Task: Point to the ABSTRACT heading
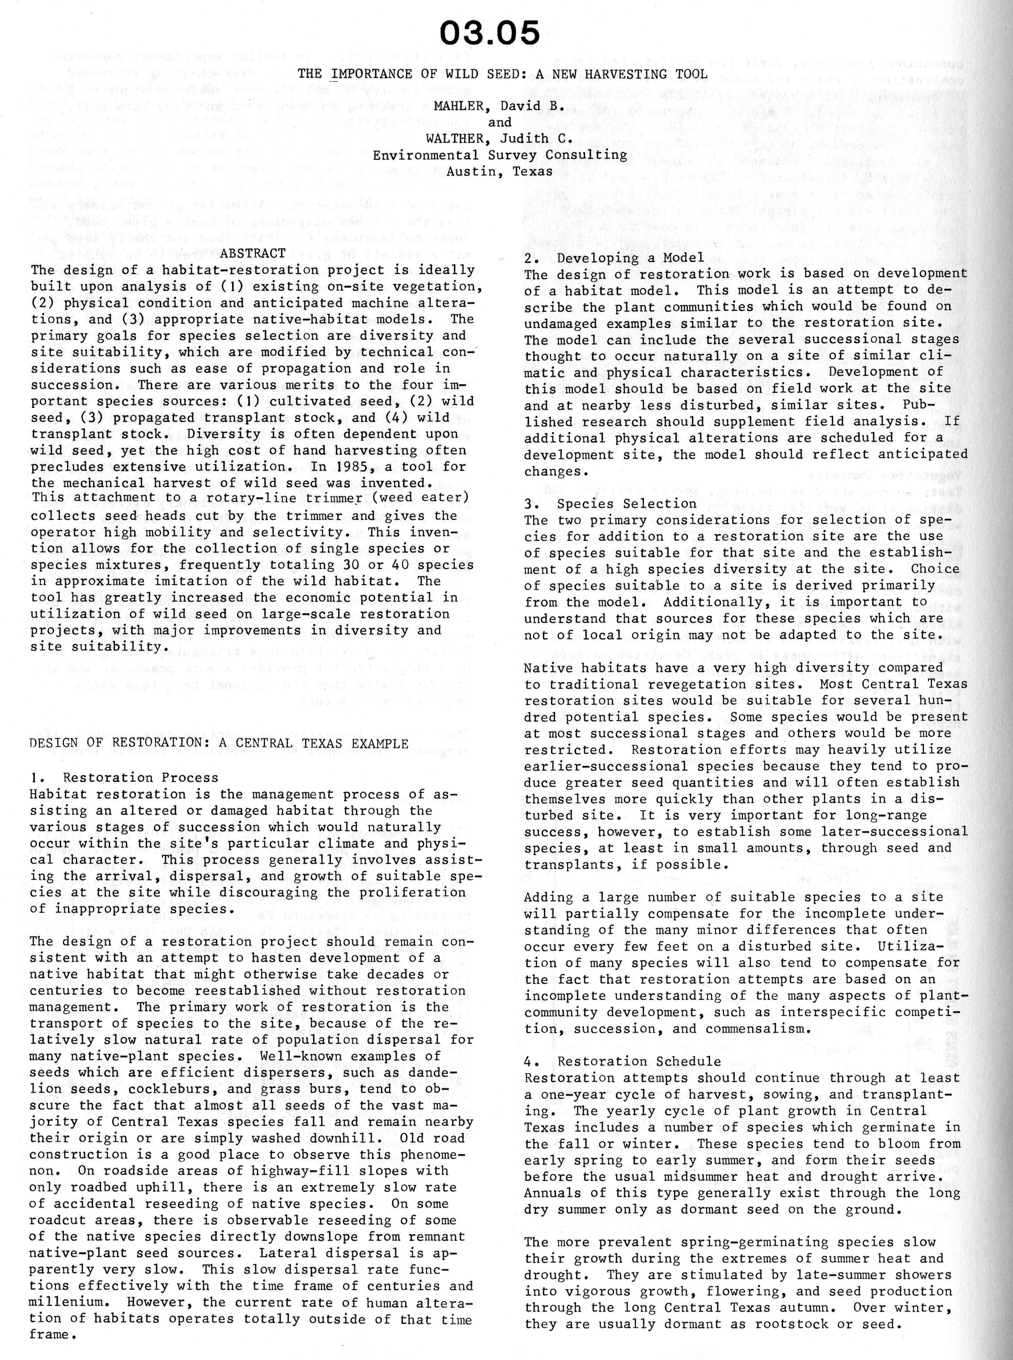(x=253, y=253)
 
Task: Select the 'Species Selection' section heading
(x=627, y=504)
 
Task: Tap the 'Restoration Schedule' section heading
(x=640, y=1061)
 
